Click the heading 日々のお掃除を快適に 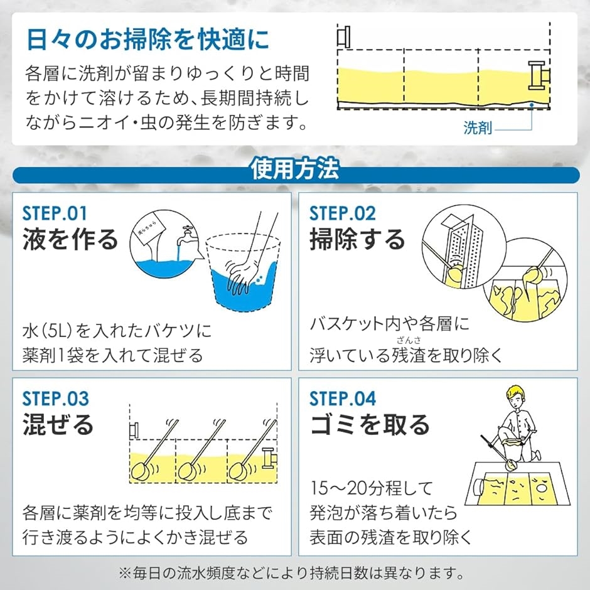(x=148, y=39)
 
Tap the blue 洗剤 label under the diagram (x=478, y=128)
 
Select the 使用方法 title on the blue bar (x=295, y=169)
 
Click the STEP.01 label (x=55, y=213)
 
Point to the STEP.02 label (x=343, y=213)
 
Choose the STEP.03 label (x=55, y=399)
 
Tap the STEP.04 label (x=343, y=399)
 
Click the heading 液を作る (x=70, y=239)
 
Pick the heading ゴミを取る (x=370, y=424)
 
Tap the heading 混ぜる (x=58, y=424)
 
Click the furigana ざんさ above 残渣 (x=409, y=340)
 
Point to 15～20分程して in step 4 (x=372, y=488)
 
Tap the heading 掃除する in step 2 (x=357, y=239)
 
